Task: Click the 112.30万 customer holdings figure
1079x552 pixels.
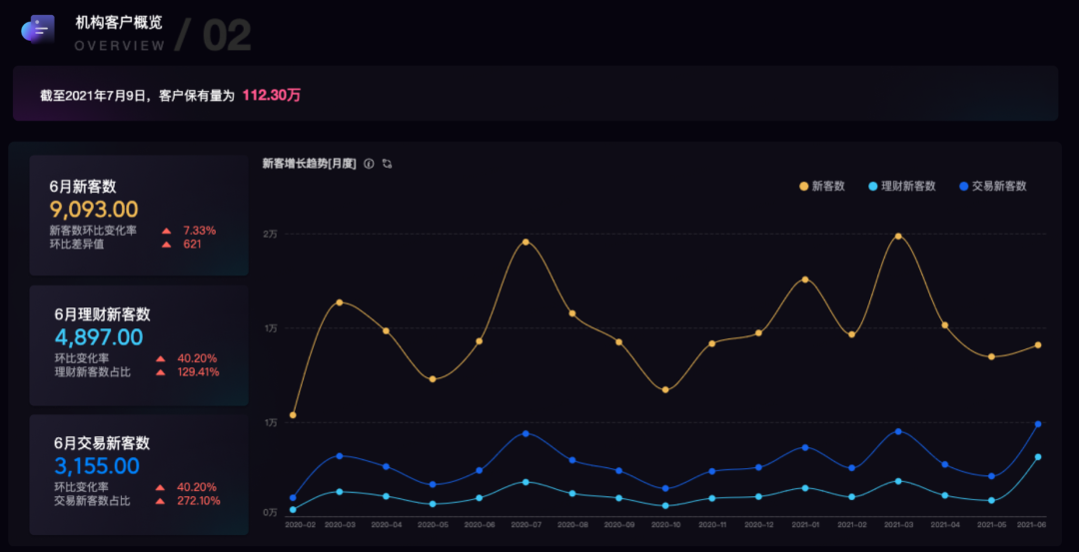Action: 271,96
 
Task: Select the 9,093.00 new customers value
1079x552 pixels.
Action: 94,210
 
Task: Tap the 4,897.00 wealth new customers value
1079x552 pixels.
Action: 99,337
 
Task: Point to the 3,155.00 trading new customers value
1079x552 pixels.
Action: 97,466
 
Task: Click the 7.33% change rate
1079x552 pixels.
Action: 199,231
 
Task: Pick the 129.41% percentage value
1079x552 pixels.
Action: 199,372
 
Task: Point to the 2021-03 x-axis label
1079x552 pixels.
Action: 898,524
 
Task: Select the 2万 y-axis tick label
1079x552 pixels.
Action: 270,234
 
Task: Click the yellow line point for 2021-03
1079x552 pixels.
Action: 898,237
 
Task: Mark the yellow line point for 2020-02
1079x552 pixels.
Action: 293,414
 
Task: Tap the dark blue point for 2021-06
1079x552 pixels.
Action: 1038,424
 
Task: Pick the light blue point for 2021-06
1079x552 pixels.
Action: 1038,457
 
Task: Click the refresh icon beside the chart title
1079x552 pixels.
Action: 387,164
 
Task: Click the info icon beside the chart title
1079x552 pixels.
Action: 369,164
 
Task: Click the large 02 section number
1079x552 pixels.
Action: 227,36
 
